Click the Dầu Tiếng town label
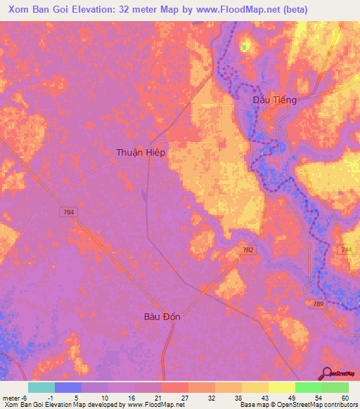click(274, 100)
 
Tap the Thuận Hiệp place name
click(141, 152)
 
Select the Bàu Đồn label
click(162, 316)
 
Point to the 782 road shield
click(246, 249)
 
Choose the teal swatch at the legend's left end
click(41, 387)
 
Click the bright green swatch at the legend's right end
click(335, 387)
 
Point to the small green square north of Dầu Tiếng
click(244, 47)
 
